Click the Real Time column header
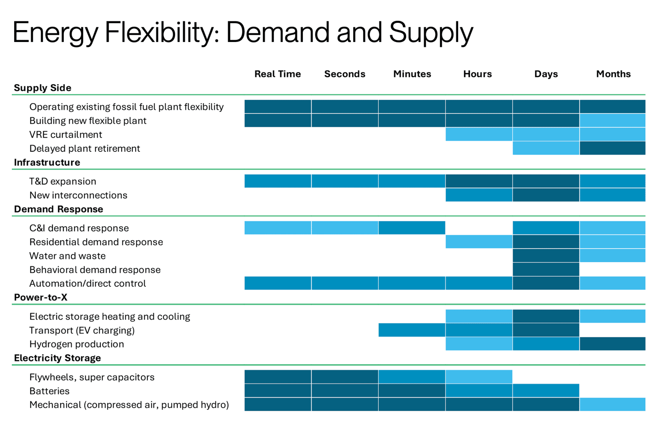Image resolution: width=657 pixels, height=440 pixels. click(277, 74)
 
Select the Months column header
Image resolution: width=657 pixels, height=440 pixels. click(613, 74)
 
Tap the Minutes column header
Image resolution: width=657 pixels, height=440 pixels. click(412, 74)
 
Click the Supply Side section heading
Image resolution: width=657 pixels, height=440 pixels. click(42, 88)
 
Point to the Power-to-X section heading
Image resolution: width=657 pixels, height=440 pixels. click(41, 297)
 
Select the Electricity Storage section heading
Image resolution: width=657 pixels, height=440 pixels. click(57, 358)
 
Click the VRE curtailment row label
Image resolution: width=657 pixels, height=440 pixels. click(66, 135)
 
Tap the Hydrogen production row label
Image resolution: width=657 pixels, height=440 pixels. click(77, 344)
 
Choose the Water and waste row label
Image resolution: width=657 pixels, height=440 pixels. click(68, 256)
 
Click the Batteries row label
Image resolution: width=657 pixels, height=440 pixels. click(49, 391)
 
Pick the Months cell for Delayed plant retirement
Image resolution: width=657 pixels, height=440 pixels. click(612, 148)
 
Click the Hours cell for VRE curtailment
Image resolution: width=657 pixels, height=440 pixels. click(479, 135)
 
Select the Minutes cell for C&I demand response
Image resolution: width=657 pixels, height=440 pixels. click(412, 228)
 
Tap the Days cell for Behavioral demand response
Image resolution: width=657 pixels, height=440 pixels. click(546, 269)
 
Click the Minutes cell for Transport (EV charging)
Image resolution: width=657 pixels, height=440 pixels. click(412, 330)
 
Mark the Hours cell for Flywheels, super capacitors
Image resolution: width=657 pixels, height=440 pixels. click(479, 377)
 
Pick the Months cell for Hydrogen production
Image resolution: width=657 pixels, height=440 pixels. click(612, 344)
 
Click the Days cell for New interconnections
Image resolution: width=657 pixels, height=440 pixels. click(546, 195)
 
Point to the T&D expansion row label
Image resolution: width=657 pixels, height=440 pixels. click(63, 181)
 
